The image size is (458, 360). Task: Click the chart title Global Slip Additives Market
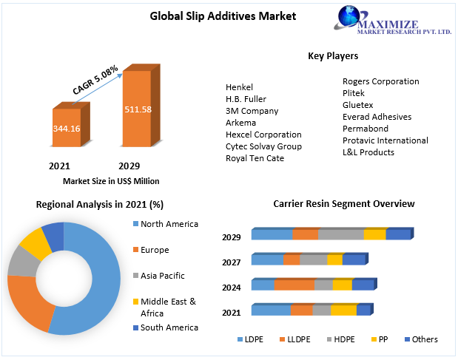[212, 16]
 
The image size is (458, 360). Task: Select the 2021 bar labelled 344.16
[67, 128]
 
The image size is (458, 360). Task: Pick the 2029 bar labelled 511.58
[138, 109]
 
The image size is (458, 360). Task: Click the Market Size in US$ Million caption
[111, 181]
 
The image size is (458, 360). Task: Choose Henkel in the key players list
[240, 87]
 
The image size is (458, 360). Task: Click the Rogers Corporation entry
[380, 81]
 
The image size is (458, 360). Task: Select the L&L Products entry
[368, 152]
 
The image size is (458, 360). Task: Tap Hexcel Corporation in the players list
[263, 135]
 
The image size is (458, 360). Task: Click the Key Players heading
[333, 56]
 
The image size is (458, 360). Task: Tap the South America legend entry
[169, 327]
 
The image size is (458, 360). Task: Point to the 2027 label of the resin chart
[232, 262]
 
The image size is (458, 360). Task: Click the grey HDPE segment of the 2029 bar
[340, 234]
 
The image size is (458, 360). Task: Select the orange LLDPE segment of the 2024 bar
[294, 285]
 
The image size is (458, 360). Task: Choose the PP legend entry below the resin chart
[382, 339]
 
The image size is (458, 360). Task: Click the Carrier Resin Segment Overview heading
[344, 203]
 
